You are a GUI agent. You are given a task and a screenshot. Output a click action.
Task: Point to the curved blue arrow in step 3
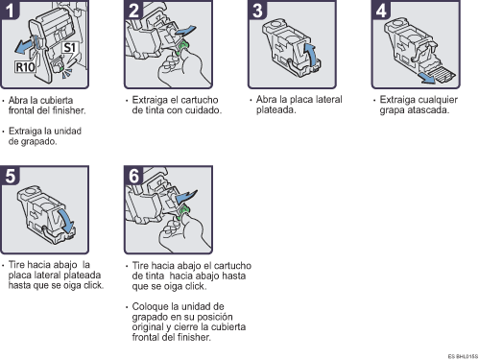click(311, 53)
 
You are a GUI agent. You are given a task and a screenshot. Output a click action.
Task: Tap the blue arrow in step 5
click(70, 222)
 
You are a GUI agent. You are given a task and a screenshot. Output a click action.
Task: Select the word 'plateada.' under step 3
click(273, 109)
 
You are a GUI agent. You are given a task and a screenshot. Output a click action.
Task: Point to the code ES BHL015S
click(459, 354)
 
